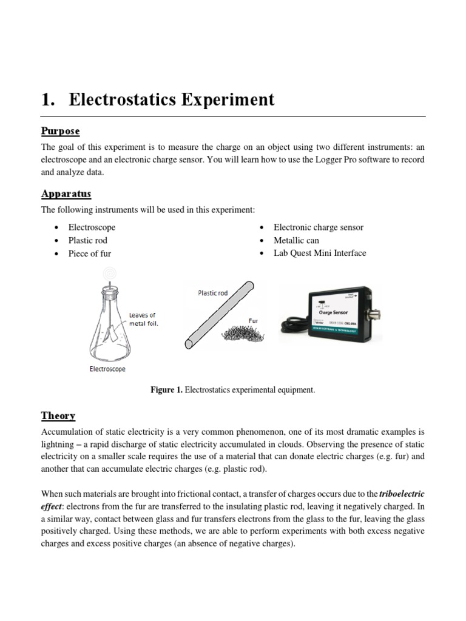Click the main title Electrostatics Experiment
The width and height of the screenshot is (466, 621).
[158, 99]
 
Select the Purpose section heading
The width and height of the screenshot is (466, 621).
[60, 131]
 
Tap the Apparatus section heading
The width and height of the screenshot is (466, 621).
[66, 193]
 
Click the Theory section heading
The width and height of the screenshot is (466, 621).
[58, 415]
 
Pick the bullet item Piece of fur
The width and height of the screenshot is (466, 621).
[89, 253]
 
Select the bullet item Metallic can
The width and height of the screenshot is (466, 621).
[296, 240]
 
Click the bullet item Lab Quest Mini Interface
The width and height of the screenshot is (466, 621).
[320, 253]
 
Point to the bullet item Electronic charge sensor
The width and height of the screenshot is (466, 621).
[319, 227]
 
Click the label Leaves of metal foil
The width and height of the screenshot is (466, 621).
[143, 319]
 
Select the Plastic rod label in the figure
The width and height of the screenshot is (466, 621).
[213, 293]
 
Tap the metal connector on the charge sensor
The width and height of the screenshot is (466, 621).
[377, 315]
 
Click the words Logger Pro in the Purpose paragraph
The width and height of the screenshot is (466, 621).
[336, 159]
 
